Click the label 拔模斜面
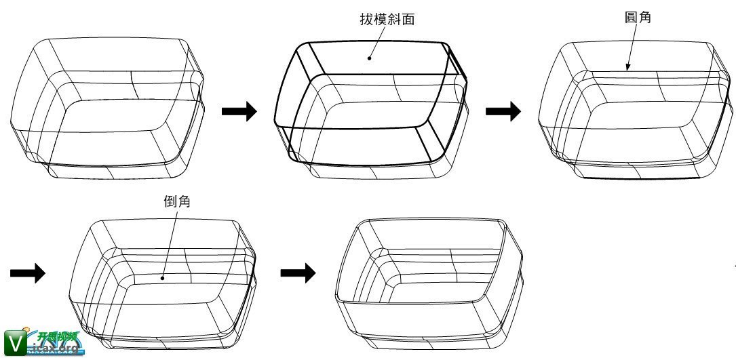[387, 20]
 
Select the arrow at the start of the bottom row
[28, 273]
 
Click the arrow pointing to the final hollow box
[298, 273]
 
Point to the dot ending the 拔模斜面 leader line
[370, 58]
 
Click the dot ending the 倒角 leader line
[162, 277]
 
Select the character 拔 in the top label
[367, 20]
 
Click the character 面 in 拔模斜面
[408, 20]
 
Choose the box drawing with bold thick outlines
[370, 105]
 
